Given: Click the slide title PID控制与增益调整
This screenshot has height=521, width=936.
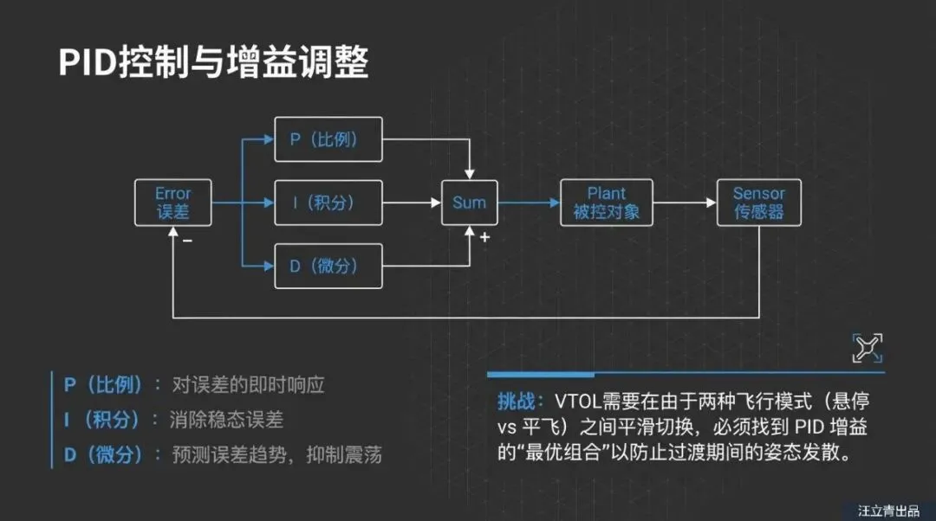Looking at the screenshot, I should click(x=213, y=63).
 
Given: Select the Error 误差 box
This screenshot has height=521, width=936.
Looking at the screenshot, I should click(x=172, y=203).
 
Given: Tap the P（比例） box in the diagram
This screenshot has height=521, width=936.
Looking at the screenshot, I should click(x=328, y=138).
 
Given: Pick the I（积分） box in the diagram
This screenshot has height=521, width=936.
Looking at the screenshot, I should click(x=328, y=203).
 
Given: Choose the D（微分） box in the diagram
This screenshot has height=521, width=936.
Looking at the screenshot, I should click(x=328, y=266).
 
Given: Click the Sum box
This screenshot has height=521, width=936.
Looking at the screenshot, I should click(x=470, y=203).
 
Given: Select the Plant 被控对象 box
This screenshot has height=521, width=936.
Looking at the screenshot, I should click(x=606, y=203).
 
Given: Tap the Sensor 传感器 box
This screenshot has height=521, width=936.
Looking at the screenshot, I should click(x=758, y=203).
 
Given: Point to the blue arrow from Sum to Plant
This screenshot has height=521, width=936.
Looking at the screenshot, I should click(x=529, y=203).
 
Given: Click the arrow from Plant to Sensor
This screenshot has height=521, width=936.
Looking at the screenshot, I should click(x=685, y=203).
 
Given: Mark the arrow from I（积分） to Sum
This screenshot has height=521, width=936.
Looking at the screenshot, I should click(x=412, y=203).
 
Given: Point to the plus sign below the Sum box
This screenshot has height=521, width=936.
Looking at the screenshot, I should click(x=484, y=238).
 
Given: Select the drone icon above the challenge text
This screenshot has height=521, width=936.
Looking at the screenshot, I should click(x=867, y=347).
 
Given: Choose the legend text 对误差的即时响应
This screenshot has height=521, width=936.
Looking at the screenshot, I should click(x=249, y=385).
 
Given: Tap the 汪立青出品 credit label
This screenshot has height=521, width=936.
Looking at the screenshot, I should click(x=887, y=511).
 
